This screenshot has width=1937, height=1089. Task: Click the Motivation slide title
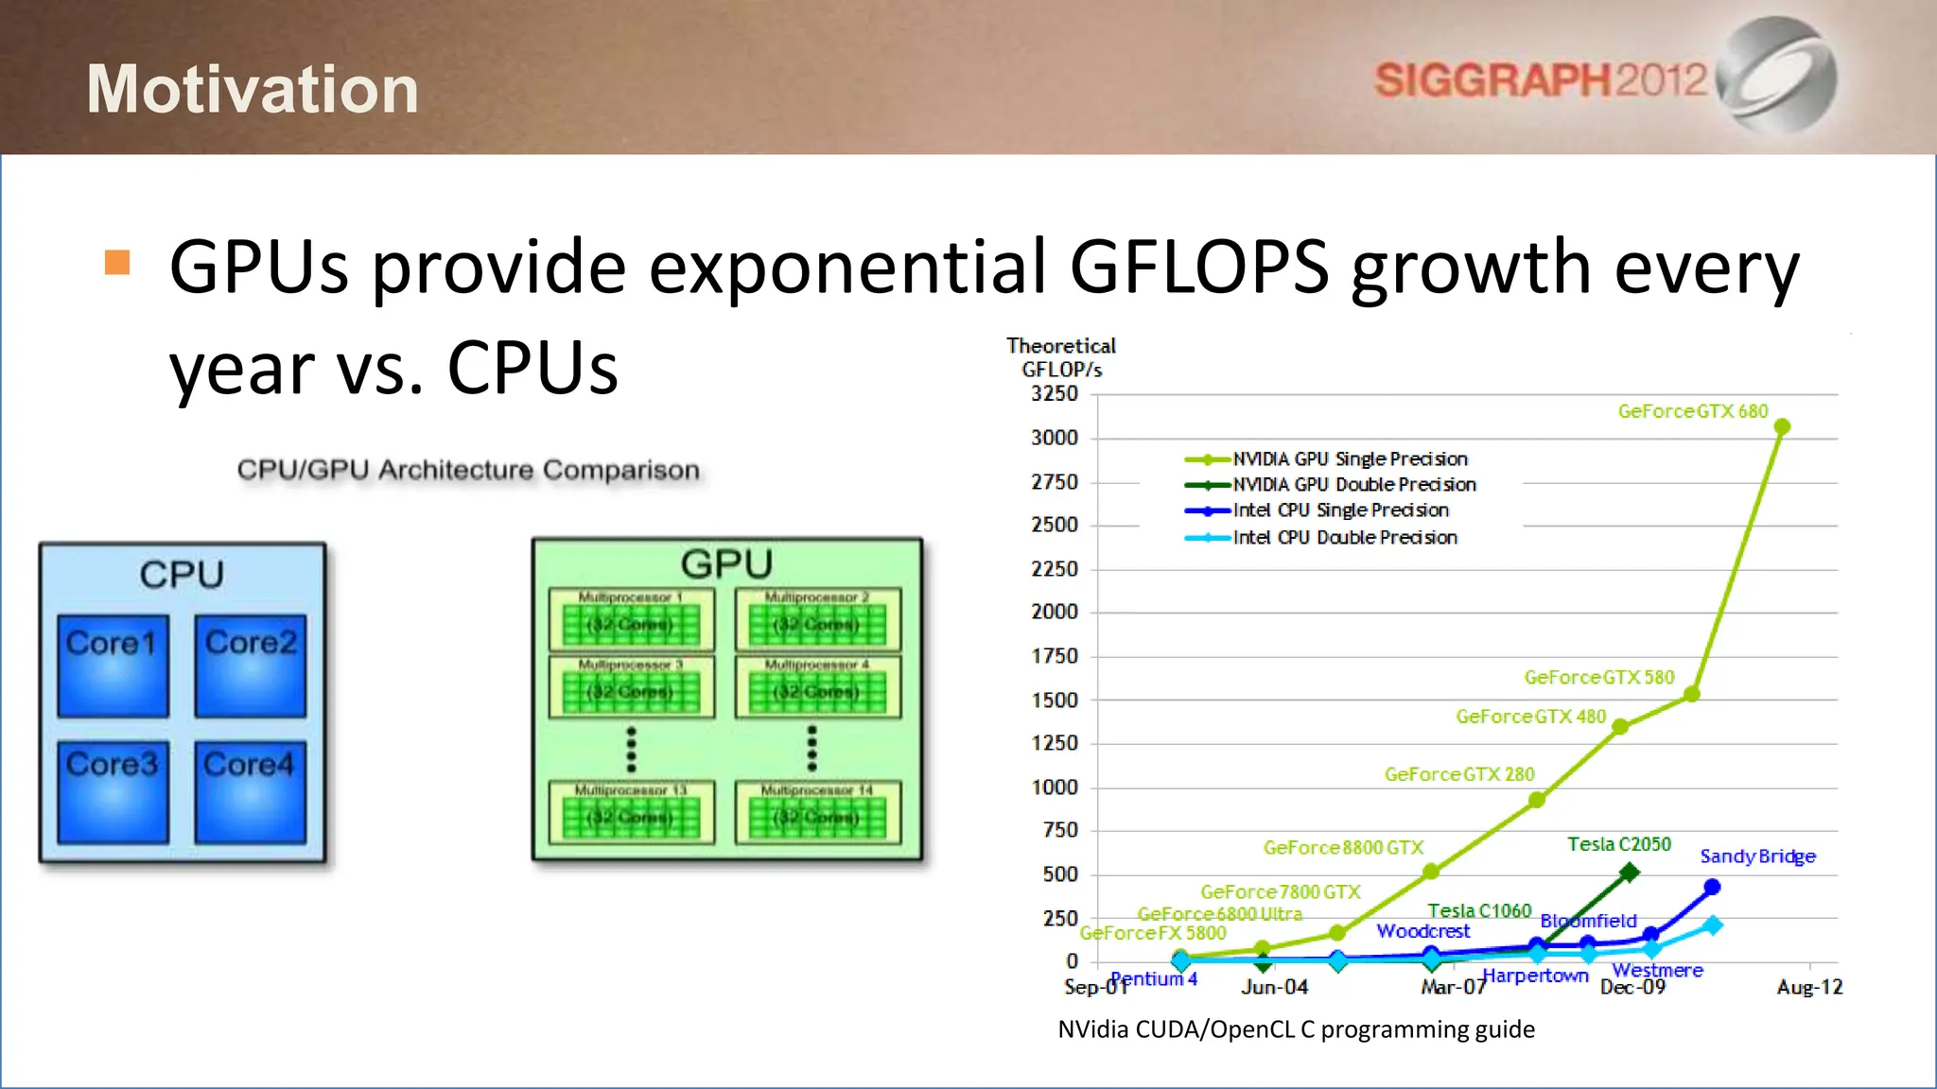[253, 90]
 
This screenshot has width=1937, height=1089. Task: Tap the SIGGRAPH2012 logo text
[1540, 80]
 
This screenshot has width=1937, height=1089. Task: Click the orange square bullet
[117, 262]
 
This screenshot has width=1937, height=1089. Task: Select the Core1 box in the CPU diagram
[113, 665]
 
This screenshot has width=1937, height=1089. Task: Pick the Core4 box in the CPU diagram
[250, 791]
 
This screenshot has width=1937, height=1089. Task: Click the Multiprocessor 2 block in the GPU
[818, 619]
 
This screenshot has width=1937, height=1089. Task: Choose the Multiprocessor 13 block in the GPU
[631, 811]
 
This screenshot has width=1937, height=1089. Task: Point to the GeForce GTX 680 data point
[1782, 427]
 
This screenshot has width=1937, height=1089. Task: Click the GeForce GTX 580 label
[1598, 678]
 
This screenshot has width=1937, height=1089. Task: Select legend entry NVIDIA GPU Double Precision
[1353, 485]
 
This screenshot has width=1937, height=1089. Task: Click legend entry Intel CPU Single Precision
[1340, 510]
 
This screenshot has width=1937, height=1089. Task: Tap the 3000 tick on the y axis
[1055, 438]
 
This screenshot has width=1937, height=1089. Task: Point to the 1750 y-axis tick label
[1055, 656]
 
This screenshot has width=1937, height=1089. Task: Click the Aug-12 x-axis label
[1809, 988]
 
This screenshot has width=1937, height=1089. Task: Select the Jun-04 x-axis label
[1274, 988]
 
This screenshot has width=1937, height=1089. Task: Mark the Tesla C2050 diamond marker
[1629, 873]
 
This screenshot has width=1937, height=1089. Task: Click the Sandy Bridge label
[1757, 856]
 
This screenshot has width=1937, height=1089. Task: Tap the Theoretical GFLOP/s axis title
[1061, 357]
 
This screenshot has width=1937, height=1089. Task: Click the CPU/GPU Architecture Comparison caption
[468, 470]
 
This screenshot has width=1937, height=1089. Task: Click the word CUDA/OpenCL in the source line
[1214, 1029]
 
